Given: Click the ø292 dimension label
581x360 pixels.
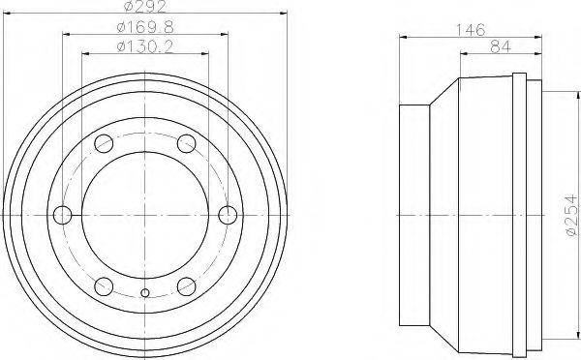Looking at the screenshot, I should (x=144, y=8).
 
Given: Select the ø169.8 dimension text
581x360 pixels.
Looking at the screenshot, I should (x=144, y=27).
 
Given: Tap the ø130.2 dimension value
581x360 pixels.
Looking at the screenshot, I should (x=144, y=45).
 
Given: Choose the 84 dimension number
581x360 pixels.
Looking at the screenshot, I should (x=500, y=45).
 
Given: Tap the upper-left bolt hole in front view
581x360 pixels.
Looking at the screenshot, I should (x=104, y=146).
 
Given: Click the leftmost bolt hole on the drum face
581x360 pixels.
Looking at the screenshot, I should (x=63, y=214).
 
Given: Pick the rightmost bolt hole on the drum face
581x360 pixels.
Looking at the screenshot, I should (x=228, y=214).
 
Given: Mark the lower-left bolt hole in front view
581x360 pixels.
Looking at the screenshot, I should (x=104, y=284).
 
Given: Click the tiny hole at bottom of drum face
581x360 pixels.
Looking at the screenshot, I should (x=145, y=293).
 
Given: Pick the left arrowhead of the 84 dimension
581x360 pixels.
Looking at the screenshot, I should (x=462, y=53).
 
